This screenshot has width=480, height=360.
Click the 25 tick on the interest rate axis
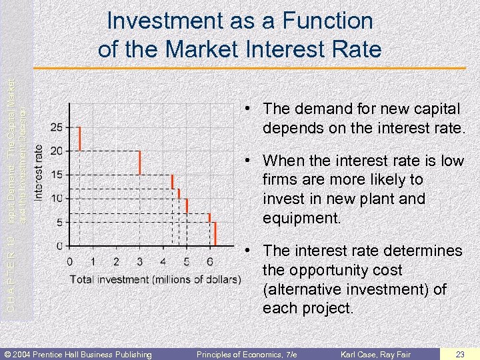(57, 127)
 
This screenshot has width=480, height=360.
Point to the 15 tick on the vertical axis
(57, 175)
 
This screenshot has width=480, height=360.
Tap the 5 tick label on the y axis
(59, 222)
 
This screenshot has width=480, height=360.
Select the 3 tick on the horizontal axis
(139, 261)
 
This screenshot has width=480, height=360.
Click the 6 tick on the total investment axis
(210, 261)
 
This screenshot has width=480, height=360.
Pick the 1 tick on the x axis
(93, 261)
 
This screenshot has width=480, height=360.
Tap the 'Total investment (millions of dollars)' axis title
(155, 278)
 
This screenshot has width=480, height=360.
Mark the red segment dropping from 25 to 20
(79, 139)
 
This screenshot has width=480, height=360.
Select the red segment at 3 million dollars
(139, 163)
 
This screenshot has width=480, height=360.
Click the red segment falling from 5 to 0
(215, 233)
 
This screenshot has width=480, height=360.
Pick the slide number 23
(459, 354)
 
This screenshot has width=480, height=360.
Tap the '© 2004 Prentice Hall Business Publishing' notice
(79, 354)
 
